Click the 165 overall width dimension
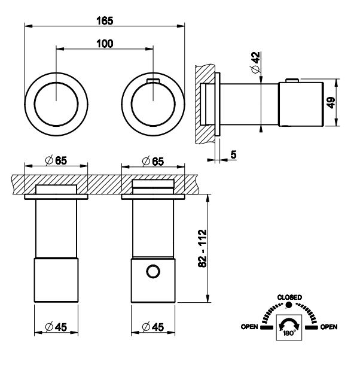105,19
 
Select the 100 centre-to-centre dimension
105,44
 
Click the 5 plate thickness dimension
232,155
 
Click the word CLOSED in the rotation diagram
289,297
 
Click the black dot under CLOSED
289,305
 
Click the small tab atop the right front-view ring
153,79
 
